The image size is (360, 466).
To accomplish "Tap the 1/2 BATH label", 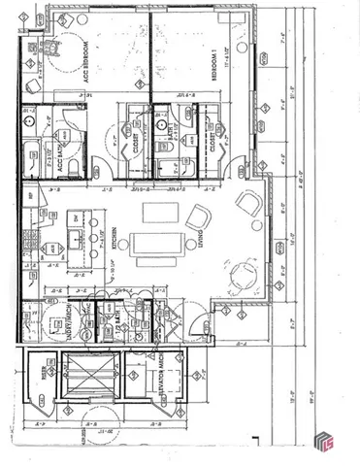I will tap(115, 320).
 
